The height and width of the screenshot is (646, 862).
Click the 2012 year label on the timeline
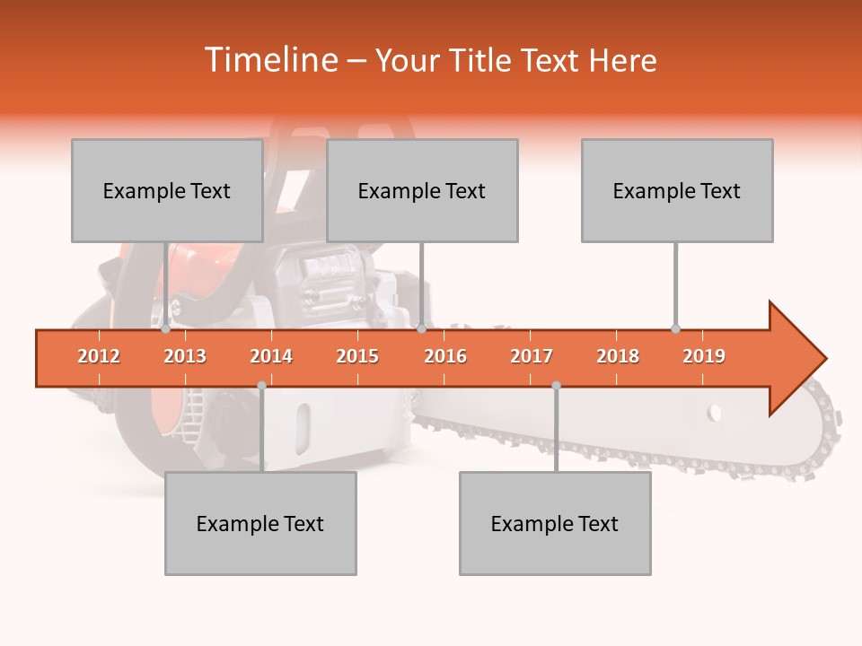(99, 357)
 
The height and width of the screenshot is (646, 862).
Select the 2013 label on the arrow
(185, 357)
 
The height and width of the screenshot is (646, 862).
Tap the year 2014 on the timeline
(271, 357)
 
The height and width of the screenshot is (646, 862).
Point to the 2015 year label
(357, 357)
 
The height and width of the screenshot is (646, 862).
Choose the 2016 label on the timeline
(445, 357)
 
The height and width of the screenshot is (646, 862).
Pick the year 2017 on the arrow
(532, 357)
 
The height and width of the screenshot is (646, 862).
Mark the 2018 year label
(618, 357)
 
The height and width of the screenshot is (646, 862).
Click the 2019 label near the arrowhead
(704, 357)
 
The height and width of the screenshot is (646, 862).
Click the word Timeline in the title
(269, 60)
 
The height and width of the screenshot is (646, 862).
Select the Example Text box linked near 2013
(167, 190)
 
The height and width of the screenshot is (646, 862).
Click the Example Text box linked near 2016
(422, 190)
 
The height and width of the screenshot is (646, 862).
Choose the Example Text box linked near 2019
(677, 190)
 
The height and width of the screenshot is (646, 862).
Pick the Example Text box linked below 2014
(260, 523)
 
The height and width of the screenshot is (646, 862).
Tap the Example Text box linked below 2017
(555, 523)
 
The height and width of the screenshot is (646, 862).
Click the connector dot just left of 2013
(165, 329)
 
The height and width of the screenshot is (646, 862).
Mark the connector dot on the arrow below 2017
(556, 386)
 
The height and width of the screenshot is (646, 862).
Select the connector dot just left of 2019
(675, 329)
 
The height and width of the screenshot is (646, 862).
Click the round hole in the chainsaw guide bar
(714, 414)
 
